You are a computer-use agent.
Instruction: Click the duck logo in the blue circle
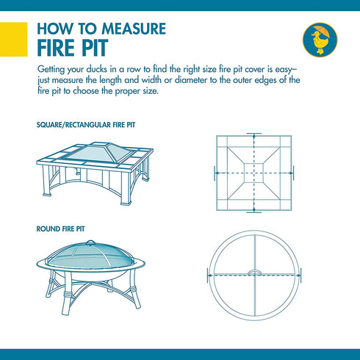point(320,40)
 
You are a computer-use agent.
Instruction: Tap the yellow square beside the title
point(13,40)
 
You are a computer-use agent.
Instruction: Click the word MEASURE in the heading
point(134,29)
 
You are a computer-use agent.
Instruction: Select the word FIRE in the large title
point(56,48)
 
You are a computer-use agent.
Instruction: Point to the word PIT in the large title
point(95,48)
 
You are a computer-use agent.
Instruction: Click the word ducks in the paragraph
point(97,69)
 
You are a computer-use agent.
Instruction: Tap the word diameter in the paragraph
point(191,80)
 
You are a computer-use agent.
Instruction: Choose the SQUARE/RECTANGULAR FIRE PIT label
point(86,125)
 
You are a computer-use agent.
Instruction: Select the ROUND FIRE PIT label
point(60,229)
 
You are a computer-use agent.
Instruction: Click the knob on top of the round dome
point(90,242)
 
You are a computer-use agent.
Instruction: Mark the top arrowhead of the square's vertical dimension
point(254,135)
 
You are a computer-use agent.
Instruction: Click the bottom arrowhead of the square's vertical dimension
point(254,210)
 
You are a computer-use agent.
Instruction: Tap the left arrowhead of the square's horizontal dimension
point(217,173)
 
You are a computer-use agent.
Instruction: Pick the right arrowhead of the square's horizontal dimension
point(291,173)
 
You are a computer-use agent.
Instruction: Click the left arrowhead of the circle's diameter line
point(209,276)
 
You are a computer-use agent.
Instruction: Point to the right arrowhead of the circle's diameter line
point(299,276)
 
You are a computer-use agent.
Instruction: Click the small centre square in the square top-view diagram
point(253,173)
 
